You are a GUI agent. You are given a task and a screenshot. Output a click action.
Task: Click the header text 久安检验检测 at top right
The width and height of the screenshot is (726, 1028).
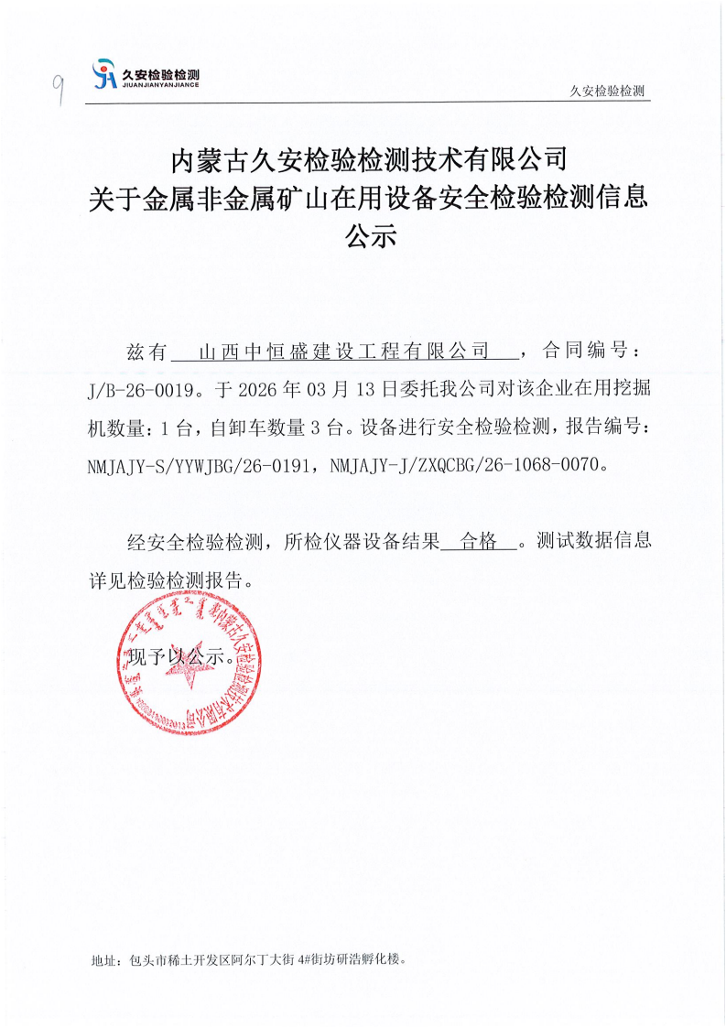pos(607,92)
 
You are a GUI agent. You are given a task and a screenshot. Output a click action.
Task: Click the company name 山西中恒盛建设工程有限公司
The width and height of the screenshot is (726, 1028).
pos(345,351)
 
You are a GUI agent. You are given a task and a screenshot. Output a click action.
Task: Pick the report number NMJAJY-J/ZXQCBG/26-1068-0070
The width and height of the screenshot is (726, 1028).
pos(470,464)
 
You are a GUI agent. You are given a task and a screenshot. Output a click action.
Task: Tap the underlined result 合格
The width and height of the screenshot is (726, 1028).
pos(479,541)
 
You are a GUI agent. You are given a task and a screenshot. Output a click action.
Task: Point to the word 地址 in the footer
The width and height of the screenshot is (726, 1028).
pos(103,960)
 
